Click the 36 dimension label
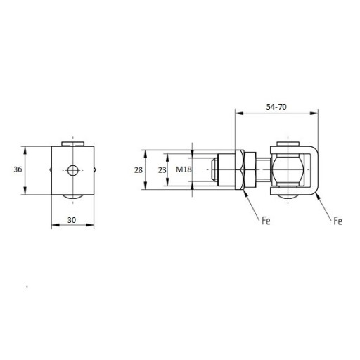[18, 169]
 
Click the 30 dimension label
[72, 220]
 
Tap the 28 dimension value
[139, 170]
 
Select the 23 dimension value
[162, 170]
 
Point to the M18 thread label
[184, 169]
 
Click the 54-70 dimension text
[276, 107]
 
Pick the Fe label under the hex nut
[266, 221]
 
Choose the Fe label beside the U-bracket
[337, 221]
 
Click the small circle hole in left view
[72, 170]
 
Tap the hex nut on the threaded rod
[250, 170]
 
